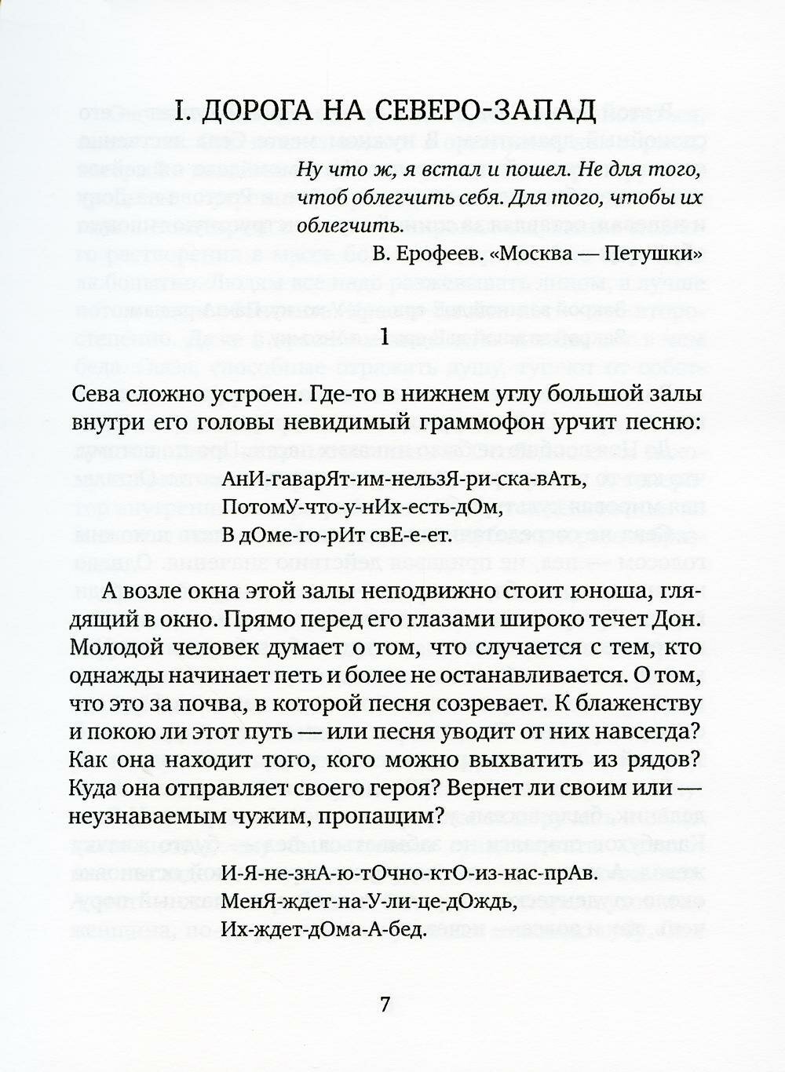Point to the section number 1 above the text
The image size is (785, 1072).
pyautogui.click(x=385, y=335)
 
